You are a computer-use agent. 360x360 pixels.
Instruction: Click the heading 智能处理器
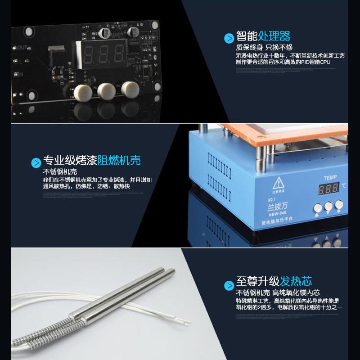pos(263,36)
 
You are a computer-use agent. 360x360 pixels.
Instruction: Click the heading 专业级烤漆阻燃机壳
pos(92,160)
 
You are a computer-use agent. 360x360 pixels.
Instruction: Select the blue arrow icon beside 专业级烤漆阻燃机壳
pos(36,162)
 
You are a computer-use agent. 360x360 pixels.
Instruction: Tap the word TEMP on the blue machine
pos(330,177)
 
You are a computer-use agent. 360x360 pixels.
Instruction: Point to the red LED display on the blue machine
pos(328,189)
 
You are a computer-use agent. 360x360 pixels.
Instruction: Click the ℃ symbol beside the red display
pos(344,185)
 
